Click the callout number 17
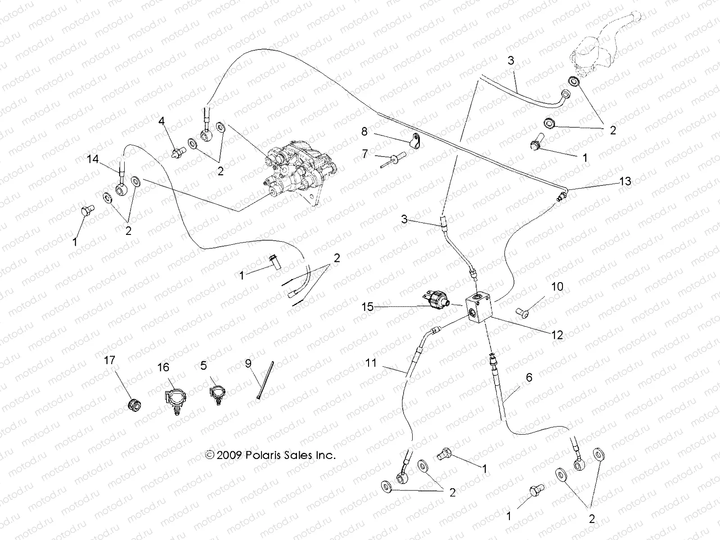click(x=109, y=360)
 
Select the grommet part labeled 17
click(x=133, y=404)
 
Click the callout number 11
click(x=371, y=362)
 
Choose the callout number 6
click(x=529, y=378)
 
